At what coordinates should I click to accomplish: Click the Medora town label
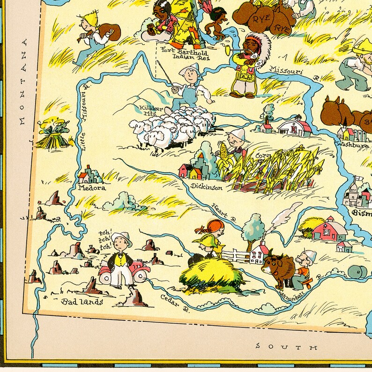pyautogui.click(x=92, y=188)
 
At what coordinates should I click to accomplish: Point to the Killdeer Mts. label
pyautogui.click(x=150, y=111)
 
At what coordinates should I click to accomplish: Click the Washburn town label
pyautogui.click(x=354, y=145)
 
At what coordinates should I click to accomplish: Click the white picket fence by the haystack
pyautogui.click(x=235, y=256)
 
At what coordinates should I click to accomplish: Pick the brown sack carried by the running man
pyautogui.click(x=109, y=31)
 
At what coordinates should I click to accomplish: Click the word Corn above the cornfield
pyautogui.click(x=263, y=156)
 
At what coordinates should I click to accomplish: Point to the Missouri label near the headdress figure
pyautogui.click(x=285, y=71)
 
